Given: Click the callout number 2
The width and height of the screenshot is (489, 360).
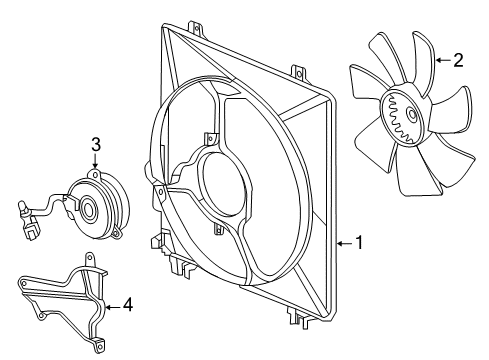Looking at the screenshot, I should [458, 60].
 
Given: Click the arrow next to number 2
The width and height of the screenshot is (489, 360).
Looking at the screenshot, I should [441, 60].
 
